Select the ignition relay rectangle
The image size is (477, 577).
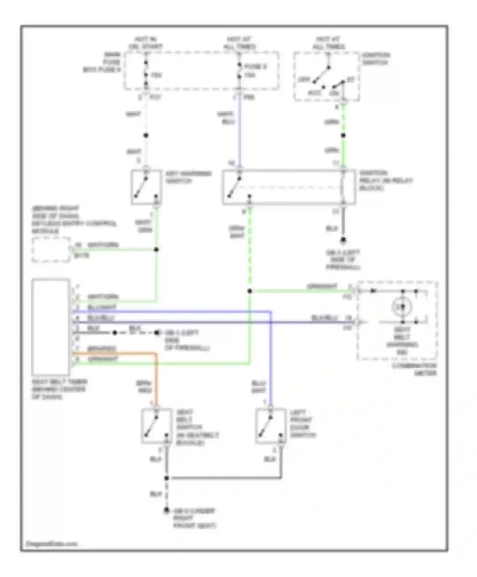[289, 187]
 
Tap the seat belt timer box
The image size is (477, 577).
[51, 327]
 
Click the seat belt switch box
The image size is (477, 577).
[156, 426]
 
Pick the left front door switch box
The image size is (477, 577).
[271, 426]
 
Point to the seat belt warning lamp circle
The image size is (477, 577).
[402, 307]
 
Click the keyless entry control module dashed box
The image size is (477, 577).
[51, 250]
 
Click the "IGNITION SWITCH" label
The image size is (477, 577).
[376, 59]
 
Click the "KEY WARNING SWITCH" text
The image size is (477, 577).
[188, 177]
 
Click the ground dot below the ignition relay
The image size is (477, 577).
[343, 240]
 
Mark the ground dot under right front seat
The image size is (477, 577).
[166, 511]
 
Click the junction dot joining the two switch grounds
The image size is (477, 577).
[166, 478]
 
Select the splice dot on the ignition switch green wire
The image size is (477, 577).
[343, 136]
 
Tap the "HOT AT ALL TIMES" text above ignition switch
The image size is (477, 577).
[328, 43]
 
